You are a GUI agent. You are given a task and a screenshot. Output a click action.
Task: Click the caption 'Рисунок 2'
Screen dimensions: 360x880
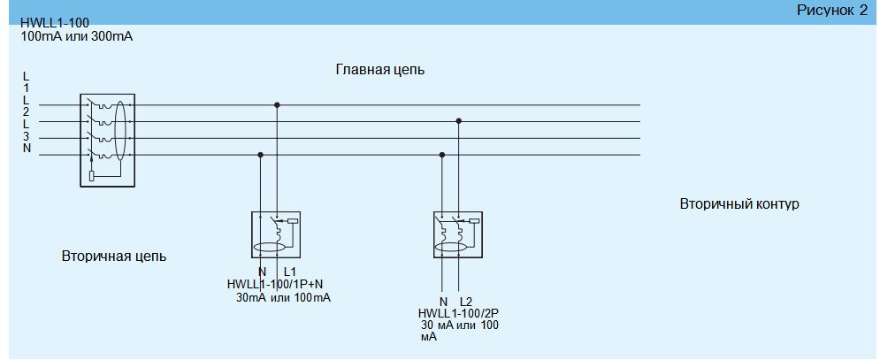click(832, 11)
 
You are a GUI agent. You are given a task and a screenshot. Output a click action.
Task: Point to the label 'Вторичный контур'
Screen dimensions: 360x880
click(739, 204)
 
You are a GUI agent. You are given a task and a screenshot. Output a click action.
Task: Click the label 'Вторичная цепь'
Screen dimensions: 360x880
click(114, 257)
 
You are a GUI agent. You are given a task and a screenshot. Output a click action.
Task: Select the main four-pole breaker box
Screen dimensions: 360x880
click(107, 140)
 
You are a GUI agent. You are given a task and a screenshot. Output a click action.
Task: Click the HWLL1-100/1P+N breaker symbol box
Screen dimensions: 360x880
click(278, 234)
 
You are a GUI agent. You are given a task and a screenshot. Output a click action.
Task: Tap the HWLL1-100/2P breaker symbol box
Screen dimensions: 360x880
click(457, 234)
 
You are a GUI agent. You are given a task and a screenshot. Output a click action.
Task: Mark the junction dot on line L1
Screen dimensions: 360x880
click(278, 104)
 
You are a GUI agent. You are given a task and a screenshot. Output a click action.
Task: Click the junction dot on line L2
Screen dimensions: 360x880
click(458, 121)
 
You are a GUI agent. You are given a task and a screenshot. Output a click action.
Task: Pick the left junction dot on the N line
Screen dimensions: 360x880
click(260, 155)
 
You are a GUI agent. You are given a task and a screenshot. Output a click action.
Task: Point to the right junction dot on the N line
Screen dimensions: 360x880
click(442, 155)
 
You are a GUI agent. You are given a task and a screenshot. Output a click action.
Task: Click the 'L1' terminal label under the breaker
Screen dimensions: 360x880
click(289, 272)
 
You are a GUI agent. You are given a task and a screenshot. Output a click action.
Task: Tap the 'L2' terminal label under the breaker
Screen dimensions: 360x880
click(467, 302)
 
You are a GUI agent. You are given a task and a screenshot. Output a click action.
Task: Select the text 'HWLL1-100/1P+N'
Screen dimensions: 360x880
click(274, 284)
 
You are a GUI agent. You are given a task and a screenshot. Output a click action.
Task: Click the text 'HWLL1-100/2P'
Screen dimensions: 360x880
click(459, 313)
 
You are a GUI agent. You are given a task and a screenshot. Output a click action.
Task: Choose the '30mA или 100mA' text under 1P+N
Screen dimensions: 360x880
click(284, 298)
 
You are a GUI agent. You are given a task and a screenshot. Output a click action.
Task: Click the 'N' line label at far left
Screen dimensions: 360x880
click(27, 149)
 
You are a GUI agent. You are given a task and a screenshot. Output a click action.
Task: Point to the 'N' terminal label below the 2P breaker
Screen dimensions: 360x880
click(443, 302)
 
